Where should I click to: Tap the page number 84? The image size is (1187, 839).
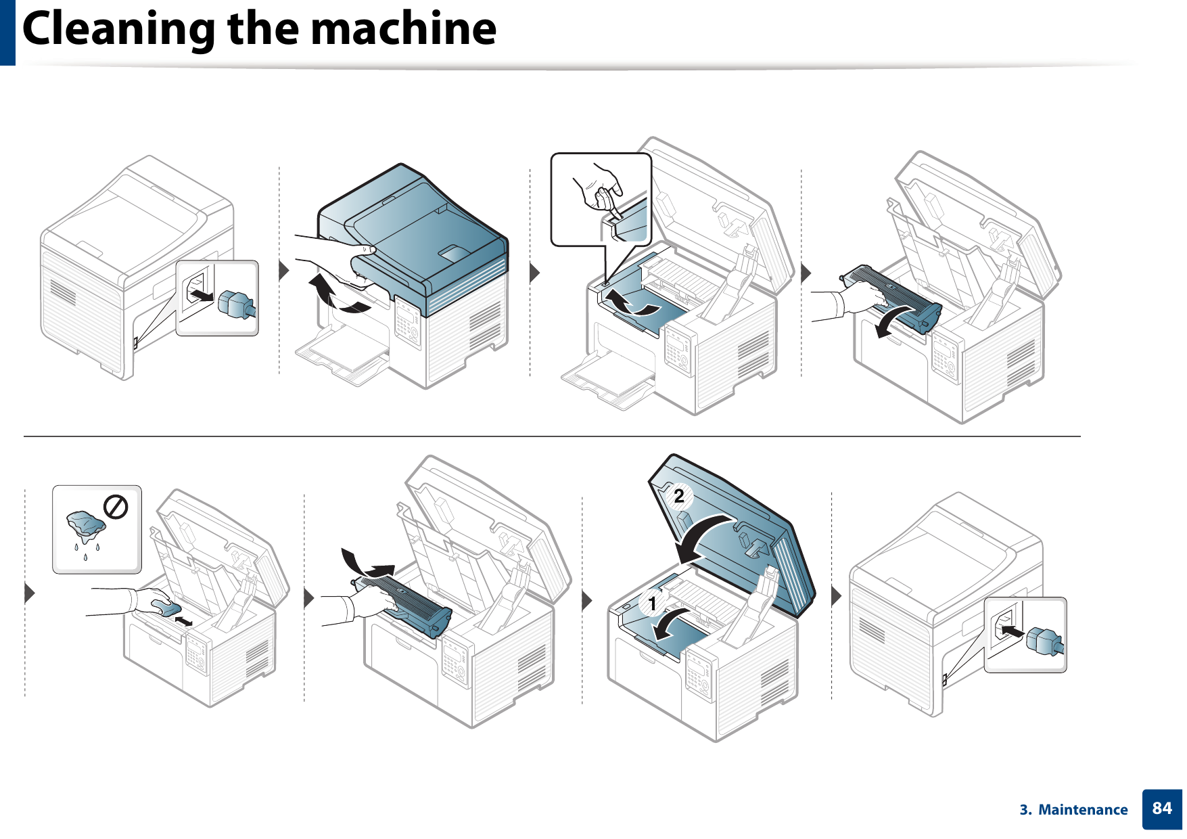tap(1161, 809)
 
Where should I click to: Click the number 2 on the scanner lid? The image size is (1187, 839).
tap(678, 497)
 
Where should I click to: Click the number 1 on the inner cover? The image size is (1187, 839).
tap(652, 602)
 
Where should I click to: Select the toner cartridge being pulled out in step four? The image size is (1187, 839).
tap(893, 298)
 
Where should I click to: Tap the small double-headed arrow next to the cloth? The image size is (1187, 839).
tap(183, 620)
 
